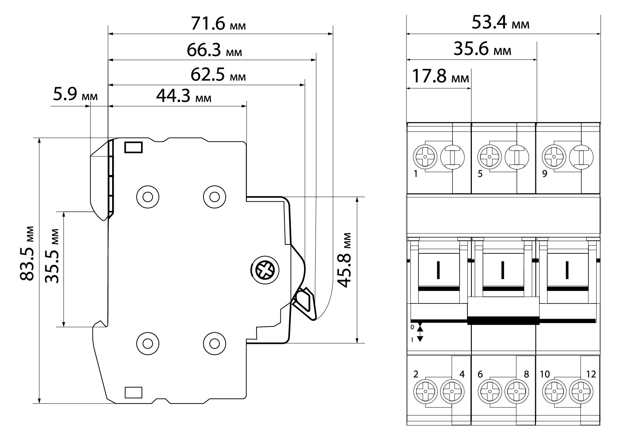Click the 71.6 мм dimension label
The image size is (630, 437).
[218, 24]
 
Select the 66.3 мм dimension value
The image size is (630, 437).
[214, 50]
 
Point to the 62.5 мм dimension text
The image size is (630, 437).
[218, 75]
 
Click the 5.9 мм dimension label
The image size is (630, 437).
[75, 95]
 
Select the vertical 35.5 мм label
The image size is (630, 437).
[52, 256]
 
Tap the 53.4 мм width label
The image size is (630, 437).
[500, 23]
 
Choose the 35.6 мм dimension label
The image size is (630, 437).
[482, 49]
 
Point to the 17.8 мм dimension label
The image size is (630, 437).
[441, 78]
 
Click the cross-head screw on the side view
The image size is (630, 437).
[265, 270]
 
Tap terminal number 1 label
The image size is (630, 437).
[416, 174]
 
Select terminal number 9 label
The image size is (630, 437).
[545, 174]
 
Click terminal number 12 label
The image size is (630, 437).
[591, 374]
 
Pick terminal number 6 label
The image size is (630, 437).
[480, 374]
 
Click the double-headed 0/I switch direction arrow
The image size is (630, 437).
[420, 332]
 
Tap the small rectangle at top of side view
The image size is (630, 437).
[134, 147]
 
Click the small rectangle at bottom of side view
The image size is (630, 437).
[134, 392]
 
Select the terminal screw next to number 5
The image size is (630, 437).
[489, 157]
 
